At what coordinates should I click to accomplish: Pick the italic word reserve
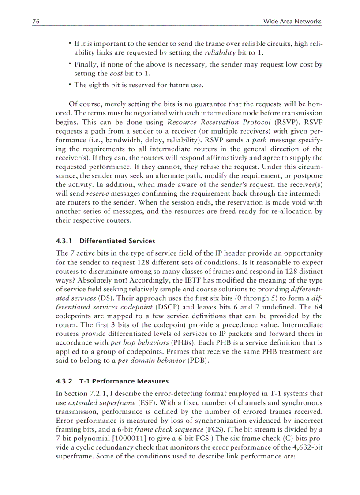95,193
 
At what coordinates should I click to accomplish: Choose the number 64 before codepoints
319,309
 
